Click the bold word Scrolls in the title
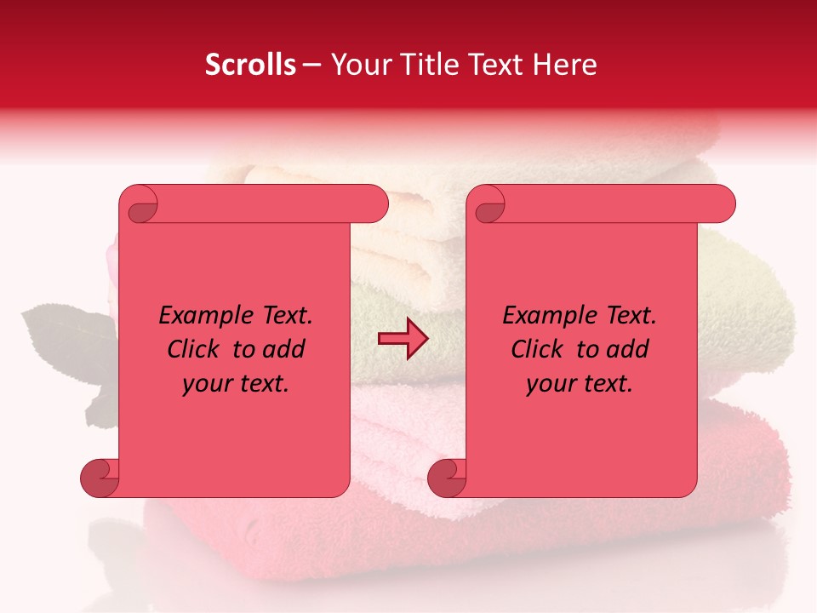tap(250, 65)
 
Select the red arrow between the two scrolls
tap(403, 340)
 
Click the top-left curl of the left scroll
tap(141, 207)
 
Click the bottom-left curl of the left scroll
tap(100, 478)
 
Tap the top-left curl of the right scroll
tap(488, 207)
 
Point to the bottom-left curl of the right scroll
tap(448, 478)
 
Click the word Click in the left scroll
tap(195, 350)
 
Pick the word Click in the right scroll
tap(538, 350)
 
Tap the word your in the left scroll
tap(206, 384)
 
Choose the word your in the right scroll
tap(550, 384)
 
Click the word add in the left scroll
tap(285, 350)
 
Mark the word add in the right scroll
tap(629, 350)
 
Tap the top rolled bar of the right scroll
tap(613, 204)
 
